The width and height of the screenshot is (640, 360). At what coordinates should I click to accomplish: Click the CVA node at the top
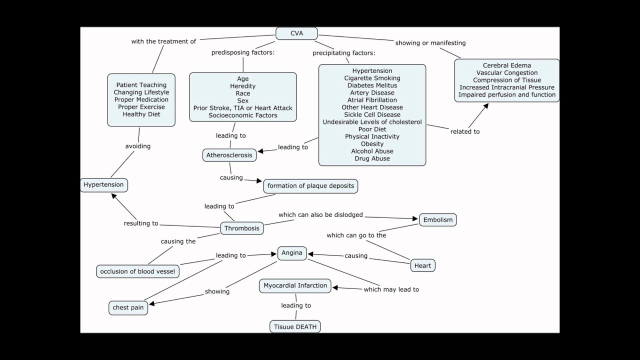click(x=296, y=33)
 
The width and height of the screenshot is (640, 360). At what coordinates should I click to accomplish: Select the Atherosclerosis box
click(x=229, y=155)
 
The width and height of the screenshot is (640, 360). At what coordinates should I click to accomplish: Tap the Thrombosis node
click(x=242, y=228)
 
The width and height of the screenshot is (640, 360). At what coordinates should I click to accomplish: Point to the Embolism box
click(x=437, y=219)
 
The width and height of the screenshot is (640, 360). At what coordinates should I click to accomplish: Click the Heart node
click(x=422, y=265)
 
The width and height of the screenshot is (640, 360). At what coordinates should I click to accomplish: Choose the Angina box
click(x=292, y=253)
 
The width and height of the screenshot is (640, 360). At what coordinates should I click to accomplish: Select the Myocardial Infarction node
click(x=295, y=285)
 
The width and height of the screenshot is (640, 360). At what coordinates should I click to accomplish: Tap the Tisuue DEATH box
click(x=295, y=327)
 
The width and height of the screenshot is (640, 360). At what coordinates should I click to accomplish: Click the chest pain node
click(x=128, y=307)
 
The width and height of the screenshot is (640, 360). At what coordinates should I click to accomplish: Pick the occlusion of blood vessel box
click(x=137, y=271)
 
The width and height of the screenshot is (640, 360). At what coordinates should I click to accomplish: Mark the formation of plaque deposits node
click(x=310, y=186)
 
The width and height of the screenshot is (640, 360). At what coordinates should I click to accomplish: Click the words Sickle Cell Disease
click(x=372, y=114)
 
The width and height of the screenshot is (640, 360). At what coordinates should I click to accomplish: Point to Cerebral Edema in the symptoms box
click(x=507, y=65)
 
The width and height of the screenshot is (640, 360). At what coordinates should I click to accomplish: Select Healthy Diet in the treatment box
click(x=141, y=114)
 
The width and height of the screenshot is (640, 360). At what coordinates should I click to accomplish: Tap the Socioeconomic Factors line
click(x=242, y=115)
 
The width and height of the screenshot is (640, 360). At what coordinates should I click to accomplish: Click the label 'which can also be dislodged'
click(x=320, y=215)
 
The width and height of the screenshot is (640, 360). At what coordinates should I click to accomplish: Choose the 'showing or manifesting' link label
click(x=430, y=43)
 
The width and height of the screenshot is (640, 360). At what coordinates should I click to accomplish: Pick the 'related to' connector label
click(x=465, y=131)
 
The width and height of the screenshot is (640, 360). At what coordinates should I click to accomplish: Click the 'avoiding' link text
click(x=137, y=146)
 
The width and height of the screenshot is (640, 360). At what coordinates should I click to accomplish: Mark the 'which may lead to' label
click(x=391, y=289)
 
